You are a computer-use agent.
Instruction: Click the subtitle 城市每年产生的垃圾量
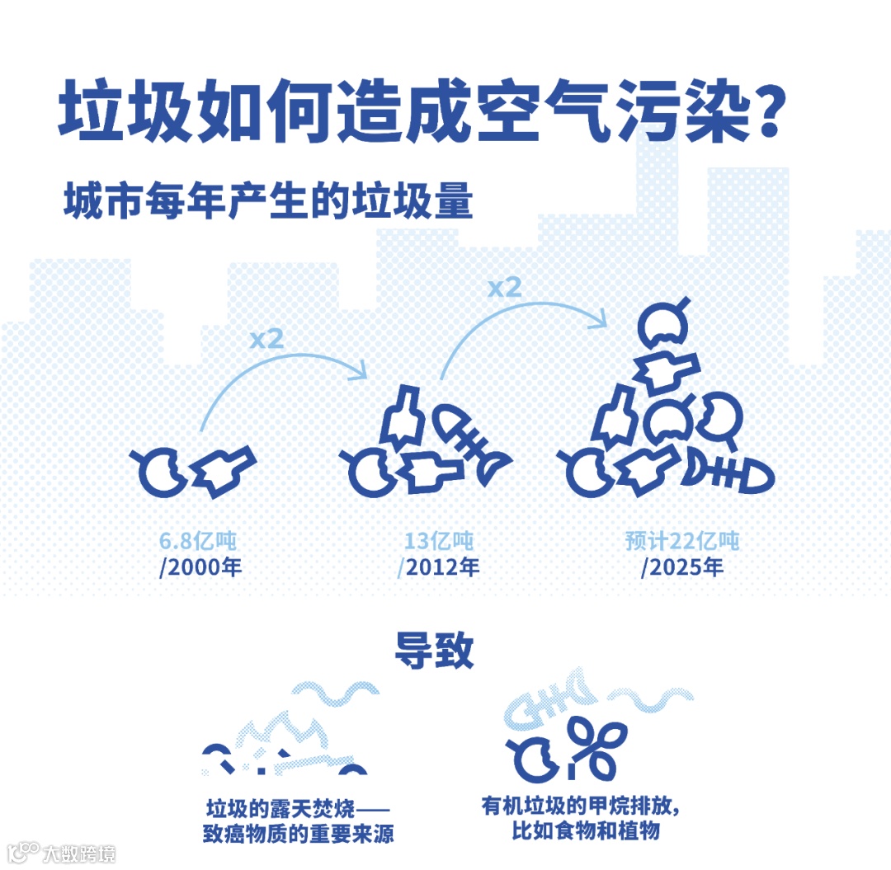[x=268, y=201]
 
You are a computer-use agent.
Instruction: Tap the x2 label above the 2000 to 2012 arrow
[x=266, y=339]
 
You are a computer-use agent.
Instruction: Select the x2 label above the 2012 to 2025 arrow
[x=504, y=288]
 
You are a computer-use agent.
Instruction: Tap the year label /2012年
[x=438, y=568]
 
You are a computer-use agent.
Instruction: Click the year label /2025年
[x=682, y=568]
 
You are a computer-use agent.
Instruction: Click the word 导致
[x=435, y=651]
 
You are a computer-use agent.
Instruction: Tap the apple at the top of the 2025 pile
[x=662, y=325]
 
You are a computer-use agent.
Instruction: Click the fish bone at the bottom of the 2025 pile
[x=731, y=473]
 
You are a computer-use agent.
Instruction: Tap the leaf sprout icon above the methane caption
[x=593, y=746]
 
